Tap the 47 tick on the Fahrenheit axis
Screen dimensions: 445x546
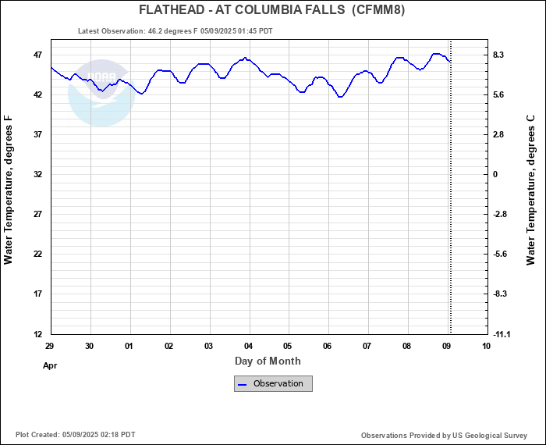coord(37,55)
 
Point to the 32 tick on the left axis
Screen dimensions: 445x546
coord(37,175)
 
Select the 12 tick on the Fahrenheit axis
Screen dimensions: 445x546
coord(37,334)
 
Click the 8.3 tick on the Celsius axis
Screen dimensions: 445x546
coord(499,55)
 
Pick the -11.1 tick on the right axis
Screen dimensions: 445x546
coord(501,334)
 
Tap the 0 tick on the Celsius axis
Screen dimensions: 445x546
coord(495,175)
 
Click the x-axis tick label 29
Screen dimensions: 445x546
coord(50,346)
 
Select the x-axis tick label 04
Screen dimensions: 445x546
coord(249,346)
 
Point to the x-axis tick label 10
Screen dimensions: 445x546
coord(487,346)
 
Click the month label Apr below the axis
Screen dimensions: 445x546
coord(51,365)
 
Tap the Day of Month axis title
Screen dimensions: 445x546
coord(268,361)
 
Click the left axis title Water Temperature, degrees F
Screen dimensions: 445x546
coord(9,190)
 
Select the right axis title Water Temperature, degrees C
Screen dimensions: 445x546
coord(531,190)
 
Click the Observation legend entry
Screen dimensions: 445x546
coord(273,383)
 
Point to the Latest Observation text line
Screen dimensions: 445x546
coord(175,31)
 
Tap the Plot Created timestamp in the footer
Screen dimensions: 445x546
coord(75,435)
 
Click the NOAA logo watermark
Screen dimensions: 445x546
coord(101,92)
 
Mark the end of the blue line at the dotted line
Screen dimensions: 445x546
coord(450,62)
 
